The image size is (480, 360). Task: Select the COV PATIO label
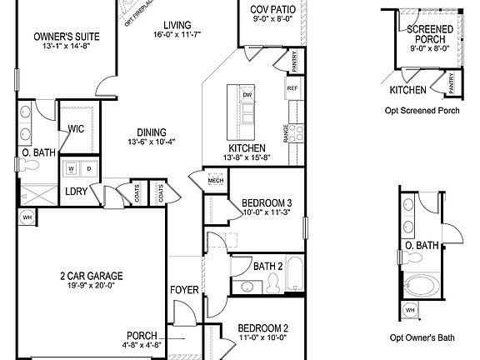(x=271, y=11)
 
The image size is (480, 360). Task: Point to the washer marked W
(x=71, y=167)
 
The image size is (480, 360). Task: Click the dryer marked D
(x=86, y=167)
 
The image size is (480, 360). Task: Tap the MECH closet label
(x=215, y=178)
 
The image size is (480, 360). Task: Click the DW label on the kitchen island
(x=247, y=95)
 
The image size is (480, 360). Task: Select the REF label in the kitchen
(x=292, y=87)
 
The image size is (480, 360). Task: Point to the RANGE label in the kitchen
(x=286, y=132)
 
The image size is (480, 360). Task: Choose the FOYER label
(x=183, y=291)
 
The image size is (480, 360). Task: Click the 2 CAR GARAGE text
(x=91, y=276)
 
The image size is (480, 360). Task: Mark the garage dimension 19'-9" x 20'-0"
(x=91, y=286)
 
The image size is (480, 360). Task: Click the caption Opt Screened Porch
(x=423, y=110)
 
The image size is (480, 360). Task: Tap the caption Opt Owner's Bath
(x=422, y=338)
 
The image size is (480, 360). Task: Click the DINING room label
(x=147, y=132)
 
